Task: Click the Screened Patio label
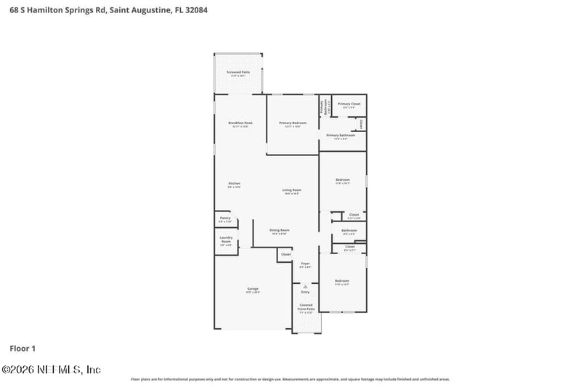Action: (x=238, y=73)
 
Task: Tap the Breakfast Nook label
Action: (x=240, y=123)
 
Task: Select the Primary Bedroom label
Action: (x=293, y=123)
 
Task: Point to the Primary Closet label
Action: (x=349, y=105)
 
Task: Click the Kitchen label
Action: (x=235, y=183)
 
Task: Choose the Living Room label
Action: (x=291, y=190)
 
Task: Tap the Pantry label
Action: (x=225, y=218)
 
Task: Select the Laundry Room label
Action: (x=226, y=240)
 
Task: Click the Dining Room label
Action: (x=280, y=231)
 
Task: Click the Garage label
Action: (x=252, y=289)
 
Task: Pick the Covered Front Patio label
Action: (x=306, y=307)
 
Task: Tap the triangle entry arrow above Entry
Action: (x=306, y=286)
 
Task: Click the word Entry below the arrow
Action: (x=306, y=292)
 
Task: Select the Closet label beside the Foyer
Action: (x=285, y=254)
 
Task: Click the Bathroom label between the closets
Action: (x=349, y=231)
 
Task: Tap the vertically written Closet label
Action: (x=361, y=123)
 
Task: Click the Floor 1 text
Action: (x=23, y=349)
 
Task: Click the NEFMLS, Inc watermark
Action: (x=51, y=370)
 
